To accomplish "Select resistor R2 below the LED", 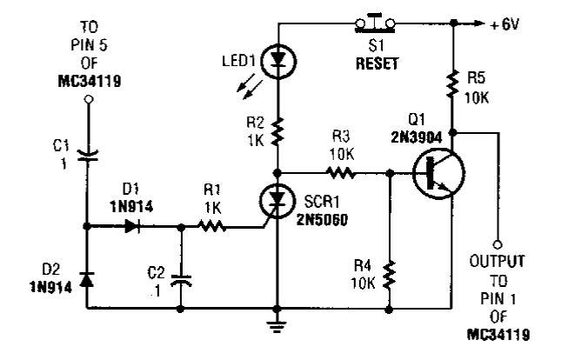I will pyautogui.click(x=277, y=133).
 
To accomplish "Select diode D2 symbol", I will pyautogui.click(x=87, y=280).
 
